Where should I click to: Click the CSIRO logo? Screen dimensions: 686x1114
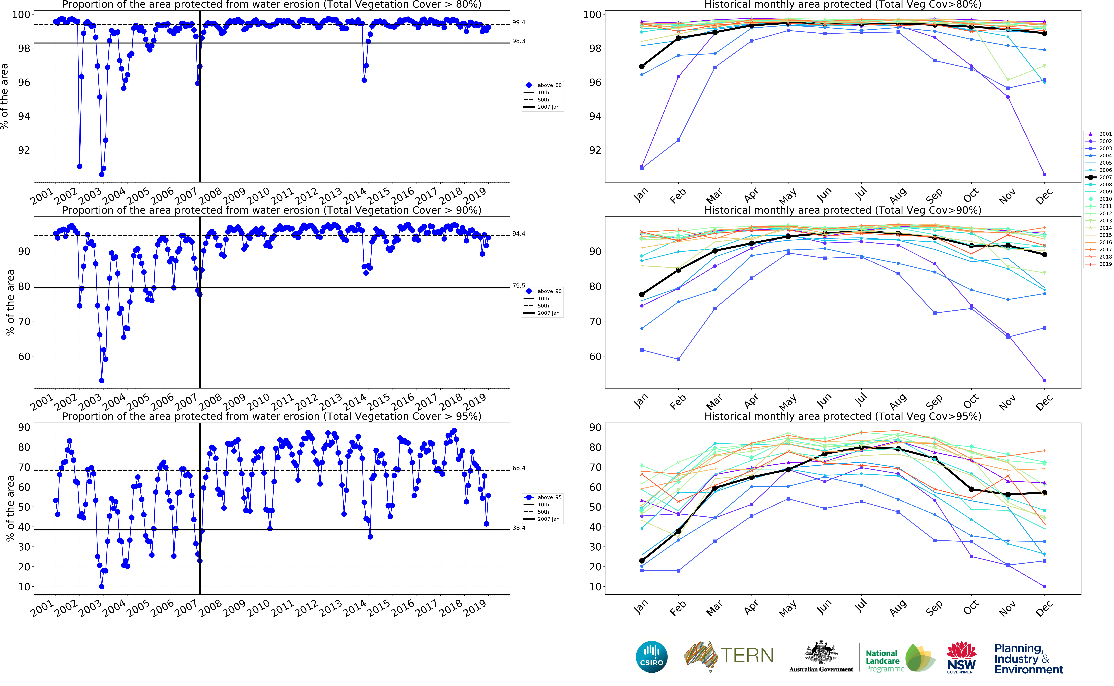[652, 657]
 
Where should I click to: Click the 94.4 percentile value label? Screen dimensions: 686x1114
[519, 234]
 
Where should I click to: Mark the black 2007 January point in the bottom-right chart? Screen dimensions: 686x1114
[642, 561]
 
